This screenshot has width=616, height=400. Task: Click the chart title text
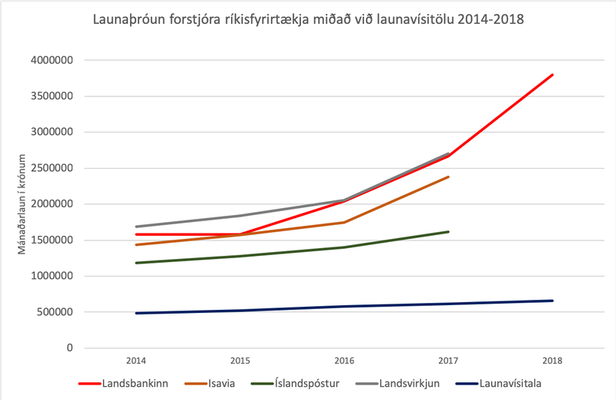(308, 18)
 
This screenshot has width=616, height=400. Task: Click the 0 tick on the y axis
(69, 348)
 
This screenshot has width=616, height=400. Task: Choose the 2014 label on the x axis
(136, 361)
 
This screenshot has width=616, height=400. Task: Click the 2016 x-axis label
(344, 361)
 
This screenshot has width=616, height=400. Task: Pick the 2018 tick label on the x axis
(552, 361)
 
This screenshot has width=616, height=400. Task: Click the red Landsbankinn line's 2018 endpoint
(552, 75)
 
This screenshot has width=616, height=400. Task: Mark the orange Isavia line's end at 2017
(448, 176)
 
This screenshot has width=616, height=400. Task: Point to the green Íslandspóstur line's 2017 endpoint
(448, 231)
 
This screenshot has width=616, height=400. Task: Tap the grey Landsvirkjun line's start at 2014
(136, 227)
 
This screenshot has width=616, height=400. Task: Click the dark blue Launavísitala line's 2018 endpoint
(552, 301)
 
